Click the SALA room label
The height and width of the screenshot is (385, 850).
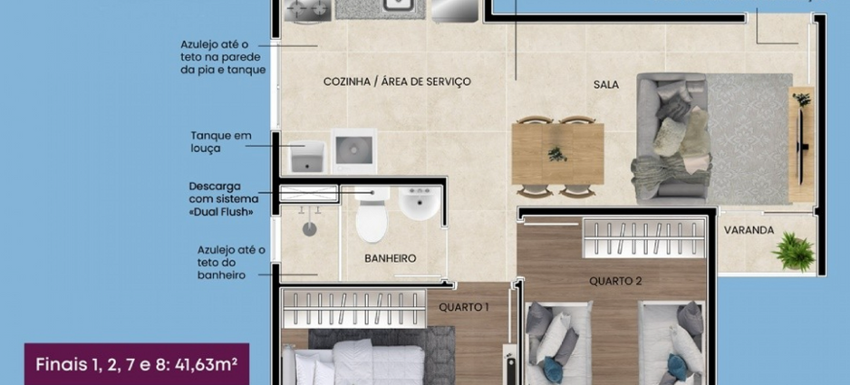click(606, 84)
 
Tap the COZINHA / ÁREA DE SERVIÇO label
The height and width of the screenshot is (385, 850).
click(397, 82)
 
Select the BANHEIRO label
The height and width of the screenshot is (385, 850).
click(391, 259)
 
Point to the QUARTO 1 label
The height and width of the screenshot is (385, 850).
click(464, 307)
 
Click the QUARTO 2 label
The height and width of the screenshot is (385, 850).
click(615, 281)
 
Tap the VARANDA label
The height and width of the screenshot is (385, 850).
click(749, 230)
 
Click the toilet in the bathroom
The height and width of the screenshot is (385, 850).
click(372, 214)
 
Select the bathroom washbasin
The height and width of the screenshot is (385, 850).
click(419, 203)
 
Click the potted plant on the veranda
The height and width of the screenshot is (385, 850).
click(794, 252)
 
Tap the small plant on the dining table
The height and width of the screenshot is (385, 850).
click(557, 154)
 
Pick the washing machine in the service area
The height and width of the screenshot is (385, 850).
click(354, 150)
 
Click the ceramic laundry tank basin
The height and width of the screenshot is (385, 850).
click(306, 157)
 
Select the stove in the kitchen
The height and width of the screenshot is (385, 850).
click(307, 10)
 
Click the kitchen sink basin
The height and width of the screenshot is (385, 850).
click(400, 6)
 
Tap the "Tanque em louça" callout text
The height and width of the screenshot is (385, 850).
click(220, 141)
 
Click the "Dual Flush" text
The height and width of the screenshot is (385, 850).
click(220, 211)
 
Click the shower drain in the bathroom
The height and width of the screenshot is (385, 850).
click(309, 229)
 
